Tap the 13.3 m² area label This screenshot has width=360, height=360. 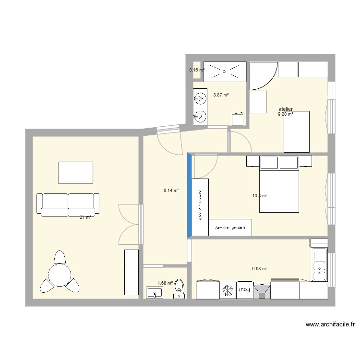pos(260,195)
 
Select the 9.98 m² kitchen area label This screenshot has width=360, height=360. pos(260,269)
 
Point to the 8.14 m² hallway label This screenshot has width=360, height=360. pos(171,190)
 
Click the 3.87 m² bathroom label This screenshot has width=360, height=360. pos(221,95)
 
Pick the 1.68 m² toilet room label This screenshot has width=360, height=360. pos(165,283)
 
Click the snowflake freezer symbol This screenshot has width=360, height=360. pos(228,290)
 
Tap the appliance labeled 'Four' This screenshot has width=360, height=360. pos(244,290)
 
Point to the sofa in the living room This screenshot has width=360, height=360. pos(69,204)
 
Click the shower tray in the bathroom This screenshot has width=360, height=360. pos(225,71)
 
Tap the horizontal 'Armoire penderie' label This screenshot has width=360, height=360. pos(230,228)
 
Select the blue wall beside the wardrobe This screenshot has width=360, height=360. pos(190,195)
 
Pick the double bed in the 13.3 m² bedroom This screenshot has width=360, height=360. pos(279,190)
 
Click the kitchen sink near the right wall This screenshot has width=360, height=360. pos(319,265)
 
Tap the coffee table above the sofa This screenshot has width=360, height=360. pos(75,172)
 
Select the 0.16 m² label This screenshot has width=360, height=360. pos(197,70)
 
